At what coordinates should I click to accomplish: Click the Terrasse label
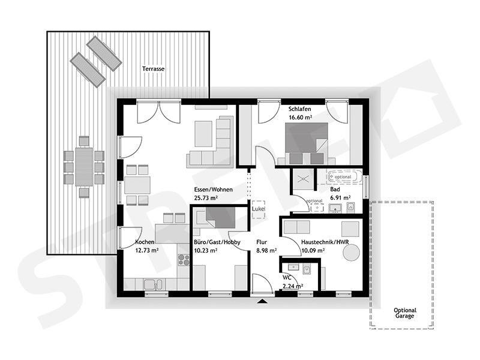tap(153, 69)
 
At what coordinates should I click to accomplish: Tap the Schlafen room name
tap(299, 109)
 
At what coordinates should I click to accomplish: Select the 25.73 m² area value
tap(206, 198)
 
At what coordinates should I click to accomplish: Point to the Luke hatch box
tap(259, 209)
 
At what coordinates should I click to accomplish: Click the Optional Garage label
tap(404, 313)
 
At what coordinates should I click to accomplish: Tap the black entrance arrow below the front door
tap(263, 301)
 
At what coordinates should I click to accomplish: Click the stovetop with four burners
tap(184, 260)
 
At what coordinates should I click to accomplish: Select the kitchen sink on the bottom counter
tap(154, 284)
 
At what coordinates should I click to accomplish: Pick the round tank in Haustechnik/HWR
tap(351, 253)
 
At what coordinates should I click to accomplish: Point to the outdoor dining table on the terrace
tap(84, 167)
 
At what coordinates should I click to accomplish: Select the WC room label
tap(287, 278)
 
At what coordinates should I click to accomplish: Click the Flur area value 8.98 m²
tap(266, 250)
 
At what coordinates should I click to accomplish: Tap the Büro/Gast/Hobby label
tap(217, 242)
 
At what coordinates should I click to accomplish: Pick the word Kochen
tap(145, 242)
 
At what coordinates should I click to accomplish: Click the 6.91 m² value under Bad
tap(340, 197)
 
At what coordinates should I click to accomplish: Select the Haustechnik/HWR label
tap(325, 242)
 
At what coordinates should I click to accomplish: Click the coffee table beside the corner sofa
tap(203, 134)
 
